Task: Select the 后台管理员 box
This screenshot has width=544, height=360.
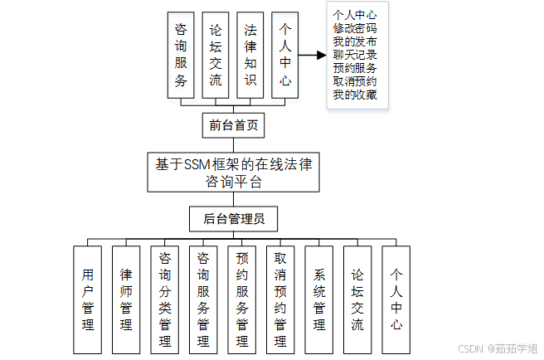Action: tap(233, 219)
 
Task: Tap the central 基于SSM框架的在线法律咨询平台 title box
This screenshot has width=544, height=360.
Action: tap(233, 173)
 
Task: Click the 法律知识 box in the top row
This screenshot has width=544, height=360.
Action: tap(250, 55)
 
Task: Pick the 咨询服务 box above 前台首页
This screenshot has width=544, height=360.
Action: tap(180, 55)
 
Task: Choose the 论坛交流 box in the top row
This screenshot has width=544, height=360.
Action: tap(216, 55)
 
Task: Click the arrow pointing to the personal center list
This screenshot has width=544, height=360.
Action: tap(311, 55)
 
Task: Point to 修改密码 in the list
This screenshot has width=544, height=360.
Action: tap(354, 28)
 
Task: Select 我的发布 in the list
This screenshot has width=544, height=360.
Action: tap(354, 41)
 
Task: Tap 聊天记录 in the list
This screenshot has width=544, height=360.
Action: tap(354, 55)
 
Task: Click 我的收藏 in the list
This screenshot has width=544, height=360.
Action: tap(354, 95)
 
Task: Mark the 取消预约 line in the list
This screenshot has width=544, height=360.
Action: tap(354, 81)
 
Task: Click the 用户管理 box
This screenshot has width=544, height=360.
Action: tap(88, 299)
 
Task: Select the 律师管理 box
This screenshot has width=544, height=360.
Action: tap(126, 299)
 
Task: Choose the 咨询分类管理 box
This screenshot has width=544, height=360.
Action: tap(165, 299)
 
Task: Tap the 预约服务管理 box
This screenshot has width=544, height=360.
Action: tap(242, 299)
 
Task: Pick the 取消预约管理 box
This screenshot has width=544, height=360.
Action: tap(280, 299)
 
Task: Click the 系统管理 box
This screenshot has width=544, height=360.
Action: tap(319, 299)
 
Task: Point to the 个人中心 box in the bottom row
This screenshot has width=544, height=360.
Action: tap(396, 299)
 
